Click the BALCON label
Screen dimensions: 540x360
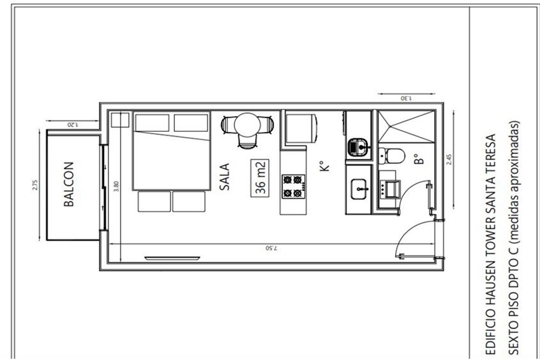pos(69,184)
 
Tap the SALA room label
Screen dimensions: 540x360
pos(225,177)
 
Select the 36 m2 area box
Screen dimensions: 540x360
pos(260,178)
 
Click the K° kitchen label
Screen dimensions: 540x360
pos(325,166)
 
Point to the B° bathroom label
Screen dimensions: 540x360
pos(418,159)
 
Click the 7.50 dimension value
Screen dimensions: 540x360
pos(271,248)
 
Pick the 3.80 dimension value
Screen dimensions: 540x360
pos(117,186)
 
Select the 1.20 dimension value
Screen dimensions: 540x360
pos(72,124)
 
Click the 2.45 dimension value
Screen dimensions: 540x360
pos(449,159)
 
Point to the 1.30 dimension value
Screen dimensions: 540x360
pos(406,98)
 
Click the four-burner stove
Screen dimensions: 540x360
pos(293,186)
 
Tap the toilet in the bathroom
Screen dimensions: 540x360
pos(391,155)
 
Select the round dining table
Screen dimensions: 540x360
pos(247,125)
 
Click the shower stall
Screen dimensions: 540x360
pos(406,126)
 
